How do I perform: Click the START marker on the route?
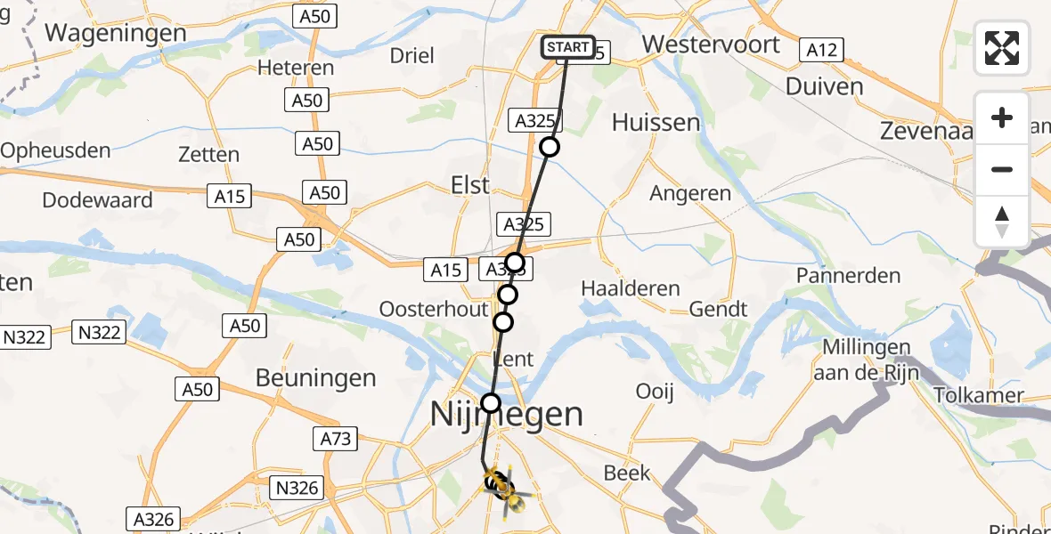tap(567, 47)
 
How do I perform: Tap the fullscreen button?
tap(1002, 48)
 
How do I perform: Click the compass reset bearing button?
tap(1002, 222)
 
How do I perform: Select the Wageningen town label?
tap(116, 33)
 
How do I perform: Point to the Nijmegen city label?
tap(507, 414)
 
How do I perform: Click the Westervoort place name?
tap(711, 44)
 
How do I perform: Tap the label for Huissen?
tap(656, 122)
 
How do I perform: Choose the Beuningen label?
tap(316, 377)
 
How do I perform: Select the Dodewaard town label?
tap(98, 199)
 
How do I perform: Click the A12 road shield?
tap(821, 50)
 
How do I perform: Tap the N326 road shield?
tap(297, 487)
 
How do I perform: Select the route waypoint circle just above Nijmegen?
tap(491, 403)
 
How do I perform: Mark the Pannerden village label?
tap(849, 276)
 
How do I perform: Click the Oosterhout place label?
tap(434, 309)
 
